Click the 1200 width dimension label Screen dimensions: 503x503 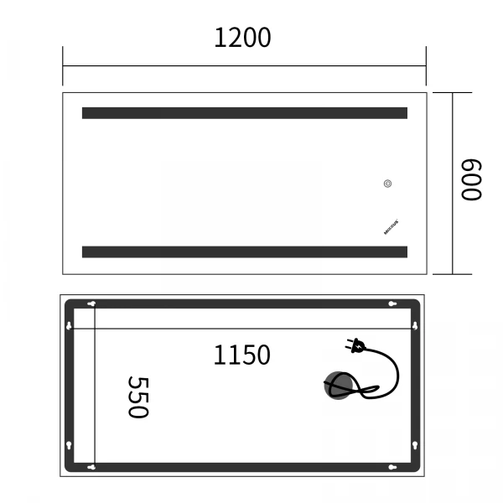(x=243, y=38)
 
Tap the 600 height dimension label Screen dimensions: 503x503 (x=470, y=180)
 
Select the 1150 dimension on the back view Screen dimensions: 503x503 (x=241, y=355)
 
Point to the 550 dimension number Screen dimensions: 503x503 (x=137, y=397)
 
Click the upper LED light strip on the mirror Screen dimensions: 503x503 (x=244, y=113)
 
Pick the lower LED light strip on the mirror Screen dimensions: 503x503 (x=244, y=251)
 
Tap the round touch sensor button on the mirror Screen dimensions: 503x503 (x=388, y=184)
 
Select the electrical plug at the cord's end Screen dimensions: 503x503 (x=355, y=345)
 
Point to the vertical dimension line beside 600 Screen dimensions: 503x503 (x=454, y=183)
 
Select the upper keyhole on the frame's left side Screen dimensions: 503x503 (x=69, y=324)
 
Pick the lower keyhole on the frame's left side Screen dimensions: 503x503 (x=69, y=444)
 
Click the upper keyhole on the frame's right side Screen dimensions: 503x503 (x=415, y=324)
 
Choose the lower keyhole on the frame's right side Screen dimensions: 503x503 (x=415, y=444)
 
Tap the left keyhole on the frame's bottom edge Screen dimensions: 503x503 (x=91, y=466)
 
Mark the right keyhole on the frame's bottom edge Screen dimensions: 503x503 (x=391, y=466)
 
